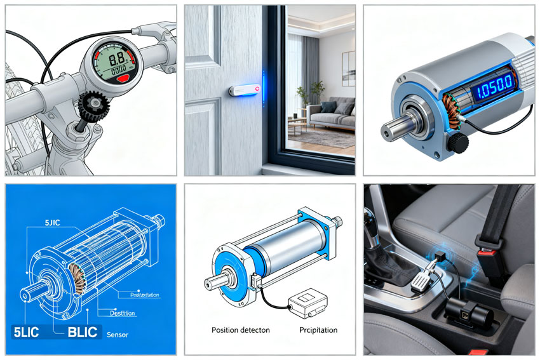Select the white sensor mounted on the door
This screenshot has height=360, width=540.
tap(242, 91)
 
